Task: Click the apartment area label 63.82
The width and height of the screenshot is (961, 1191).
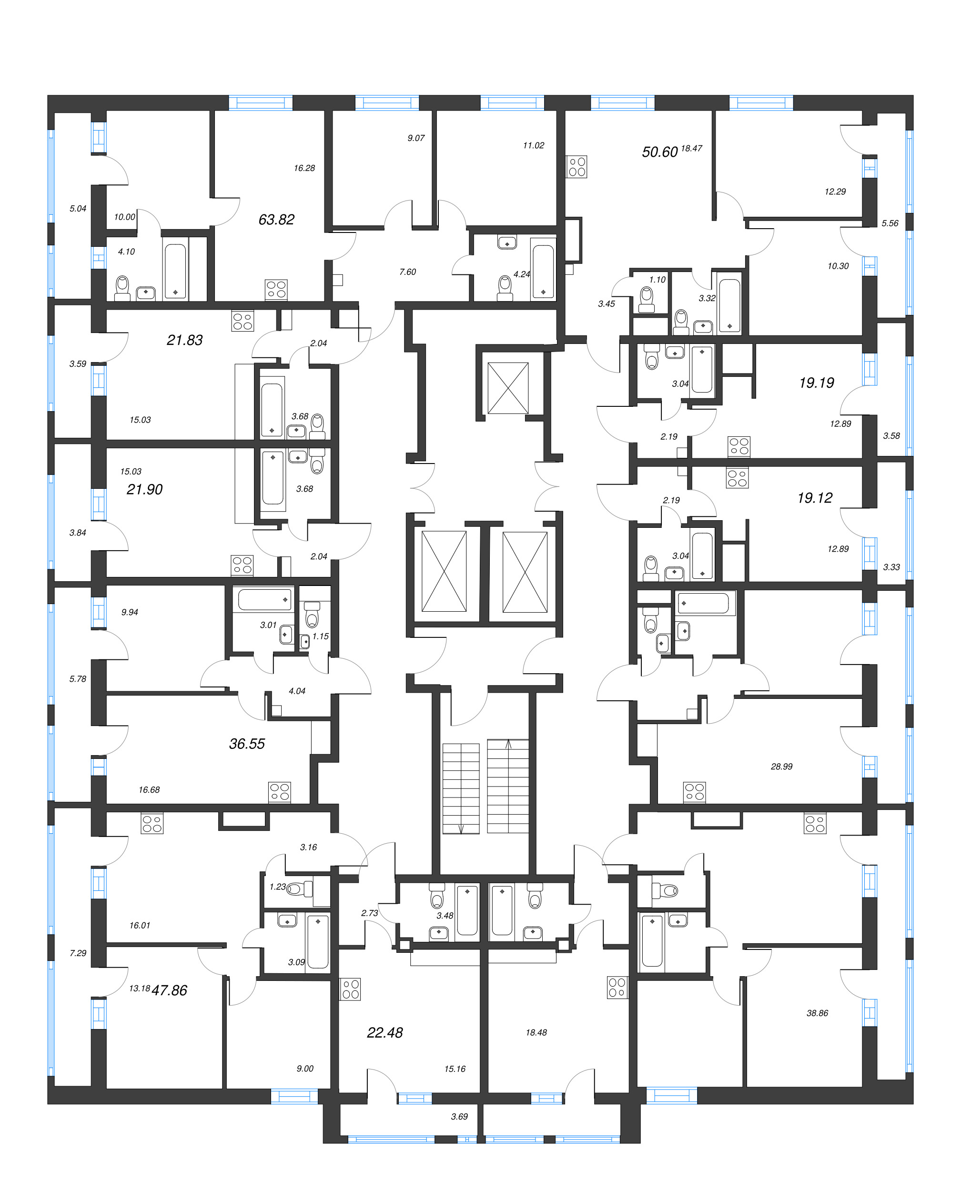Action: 276,220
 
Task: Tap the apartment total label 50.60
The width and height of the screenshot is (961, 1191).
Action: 659,152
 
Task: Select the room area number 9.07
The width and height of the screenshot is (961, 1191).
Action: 416,138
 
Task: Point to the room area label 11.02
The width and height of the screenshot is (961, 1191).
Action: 533,146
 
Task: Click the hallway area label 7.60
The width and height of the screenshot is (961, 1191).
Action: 407,272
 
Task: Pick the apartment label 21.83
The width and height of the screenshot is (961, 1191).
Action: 184,340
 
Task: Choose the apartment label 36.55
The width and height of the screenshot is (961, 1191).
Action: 247,744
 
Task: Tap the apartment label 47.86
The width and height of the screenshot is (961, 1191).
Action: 170,990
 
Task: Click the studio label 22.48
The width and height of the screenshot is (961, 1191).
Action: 384,1033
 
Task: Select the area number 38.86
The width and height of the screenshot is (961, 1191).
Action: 817,1013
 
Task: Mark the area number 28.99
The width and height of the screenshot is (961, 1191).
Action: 781,767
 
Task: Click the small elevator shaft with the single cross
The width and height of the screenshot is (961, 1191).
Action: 507,388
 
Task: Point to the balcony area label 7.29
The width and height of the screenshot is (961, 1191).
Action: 78,953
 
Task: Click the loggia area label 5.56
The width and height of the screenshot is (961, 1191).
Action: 890,223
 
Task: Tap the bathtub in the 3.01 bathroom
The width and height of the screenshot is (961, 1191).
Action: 264,599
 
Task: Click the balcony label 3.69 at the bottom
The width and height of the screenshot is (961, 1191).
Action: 459,1117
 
